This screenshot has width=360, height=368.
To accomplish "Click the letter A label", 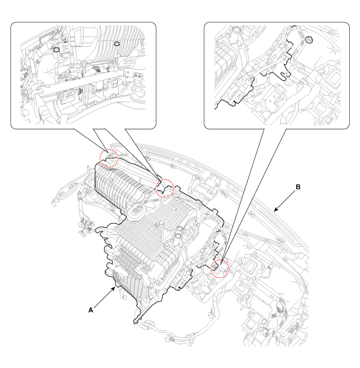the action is coord(91,310).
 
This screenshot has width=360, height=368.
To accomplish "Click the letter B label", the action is coord(298,187).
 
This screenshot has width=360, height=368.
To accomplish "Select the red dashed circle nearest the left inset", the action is coord(109,159).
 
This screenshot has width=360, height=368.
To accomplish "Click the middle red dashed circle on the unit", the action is coord(165,188).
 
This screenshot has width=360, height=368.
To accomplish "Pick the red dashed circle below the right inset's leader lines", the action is coord(220,269).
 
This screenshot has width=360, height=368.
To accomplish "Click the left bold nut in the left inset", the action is coord(56,49).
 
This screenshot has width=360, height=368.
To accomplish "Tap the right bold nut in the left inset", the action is coord(116,43).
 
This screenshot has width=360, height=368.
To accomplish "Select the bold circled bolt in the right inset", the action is coord(309,40).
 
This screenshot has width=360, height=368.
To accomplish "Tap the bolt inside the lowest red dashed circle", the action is coord(215,267).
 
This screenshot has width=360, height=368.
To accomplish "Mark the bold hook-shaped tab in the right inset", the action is coord(285,75).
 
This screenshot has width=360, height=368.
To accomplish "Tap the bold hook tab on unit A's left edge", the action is coord(100,231).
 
